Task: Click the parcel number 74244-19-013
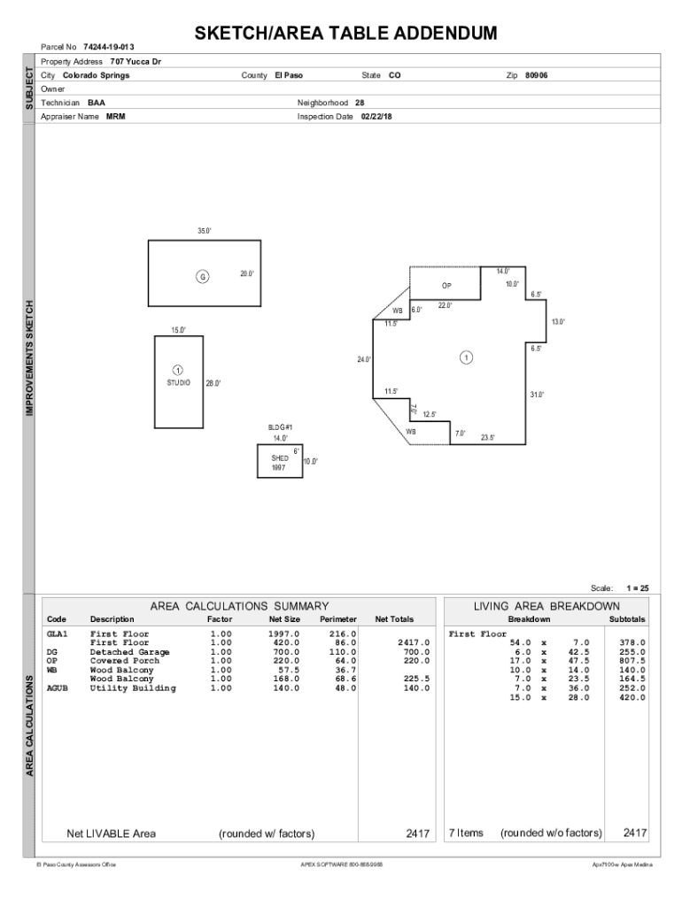point(109,46)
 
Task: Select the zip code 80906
point(536,75)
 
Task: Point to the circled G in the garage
point(203,277)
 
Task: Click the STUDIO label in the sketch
point(179,383)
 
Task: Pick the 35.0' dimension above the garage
point(205,231)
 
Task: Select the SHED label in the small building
point(280,459)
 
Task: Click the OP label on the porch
point(447,287)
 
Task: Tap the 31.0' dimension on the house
point(537,395)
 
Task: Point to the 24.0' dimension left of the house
point(364,360)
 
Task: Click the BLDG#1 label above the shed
point(280,427)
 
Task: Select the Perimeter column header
point(338,619)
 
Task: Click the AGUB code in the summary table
point(58,687)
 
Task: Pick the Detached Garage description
point(130,652)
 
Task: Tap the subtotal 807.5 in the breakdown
point(632,661)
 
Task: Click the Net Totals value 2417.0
point(414,643)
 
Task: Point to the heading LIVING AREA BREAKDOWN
point(546,606)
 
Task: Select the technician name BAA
point(97,103)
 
